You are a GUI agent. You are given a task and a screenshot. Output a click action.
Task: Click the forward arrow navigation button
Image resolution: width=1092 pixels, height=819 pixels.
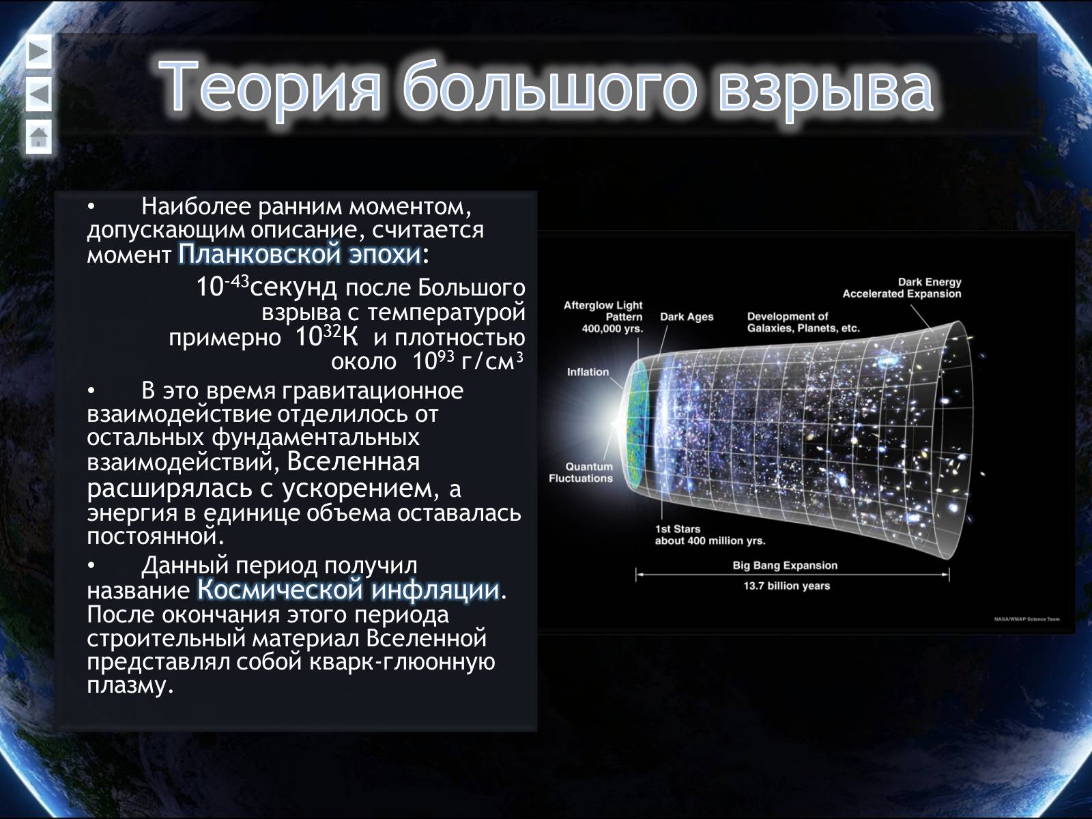pyautogui.click(x=39, y=52)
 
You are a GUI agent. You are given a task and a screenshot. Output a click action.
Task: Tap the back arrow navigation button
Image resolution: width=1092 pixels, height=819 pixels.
pyautogui.click(x=39, y=94)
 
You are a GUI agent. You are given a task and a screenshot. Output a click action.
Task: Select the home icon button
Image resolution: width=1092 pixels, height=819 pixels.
pyautogui.click(x=39, y=136)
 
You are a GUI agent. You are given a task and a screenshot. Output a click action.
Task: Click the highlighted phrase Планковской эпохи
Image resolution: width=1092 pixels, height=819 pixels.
pyautogui.click(x=300, y=254)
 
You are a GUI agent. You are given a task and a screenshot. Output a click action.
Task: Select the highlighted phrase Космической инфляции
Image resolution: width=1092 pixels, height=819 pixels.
pyautogui.click(x=348, y=590)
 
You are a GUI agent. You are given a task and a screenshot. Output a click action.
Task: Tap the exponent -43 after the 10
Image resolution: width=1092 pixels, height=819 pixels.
pyautogui.click(x=237, y=281)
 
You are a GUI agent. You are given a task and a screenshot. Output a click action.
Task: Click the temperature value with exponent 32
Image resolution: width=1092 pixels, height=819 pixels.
pyautogui.click(x=326, y=336)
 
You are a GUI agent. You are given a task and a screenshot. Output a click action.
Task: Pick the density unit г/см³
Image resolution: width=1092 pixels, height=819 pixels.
pyautogui.click(x=492, y=360)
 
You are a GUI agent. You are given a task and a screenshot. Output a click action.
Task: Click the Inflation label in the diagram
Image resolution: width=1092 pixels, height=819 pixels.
pyautogui.click(x=588, y=372)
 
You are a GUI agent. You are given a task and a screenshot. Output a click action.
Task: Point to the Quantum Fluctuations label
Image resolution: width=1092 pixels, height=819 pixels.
pyautogui.click(x=581, y=472)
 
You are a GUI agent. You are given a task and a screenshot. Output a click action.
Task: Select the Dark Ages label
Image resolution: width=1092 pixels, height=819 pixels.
pyautogui.click(x=687, y=317)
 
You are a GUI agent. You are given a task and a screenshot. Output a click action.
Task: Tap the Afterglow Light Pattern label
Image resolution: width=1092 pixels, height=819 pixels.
pyautogui.click(x=603, y=317)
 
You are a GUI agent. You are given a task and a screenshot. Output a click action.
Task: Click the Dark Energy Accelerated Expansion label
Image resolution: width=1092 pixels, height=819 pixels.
pyautogui.click(x=902, y=288)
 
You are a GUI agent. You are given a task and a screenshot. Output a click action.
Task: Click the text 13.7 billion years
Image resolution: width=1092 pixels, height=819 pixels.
pyautogui.click(x=786, y=586)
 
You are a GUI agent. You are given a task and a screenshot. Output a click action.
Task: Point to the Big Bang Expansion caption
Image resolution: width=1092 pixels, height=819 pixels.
pyautogui.click(x=785, y=565)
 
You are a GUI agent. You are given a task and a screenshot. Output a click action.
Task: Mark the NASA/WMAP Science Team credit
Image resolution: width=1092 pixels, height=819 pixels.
pyautogui.click(x=1027, y=619)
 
